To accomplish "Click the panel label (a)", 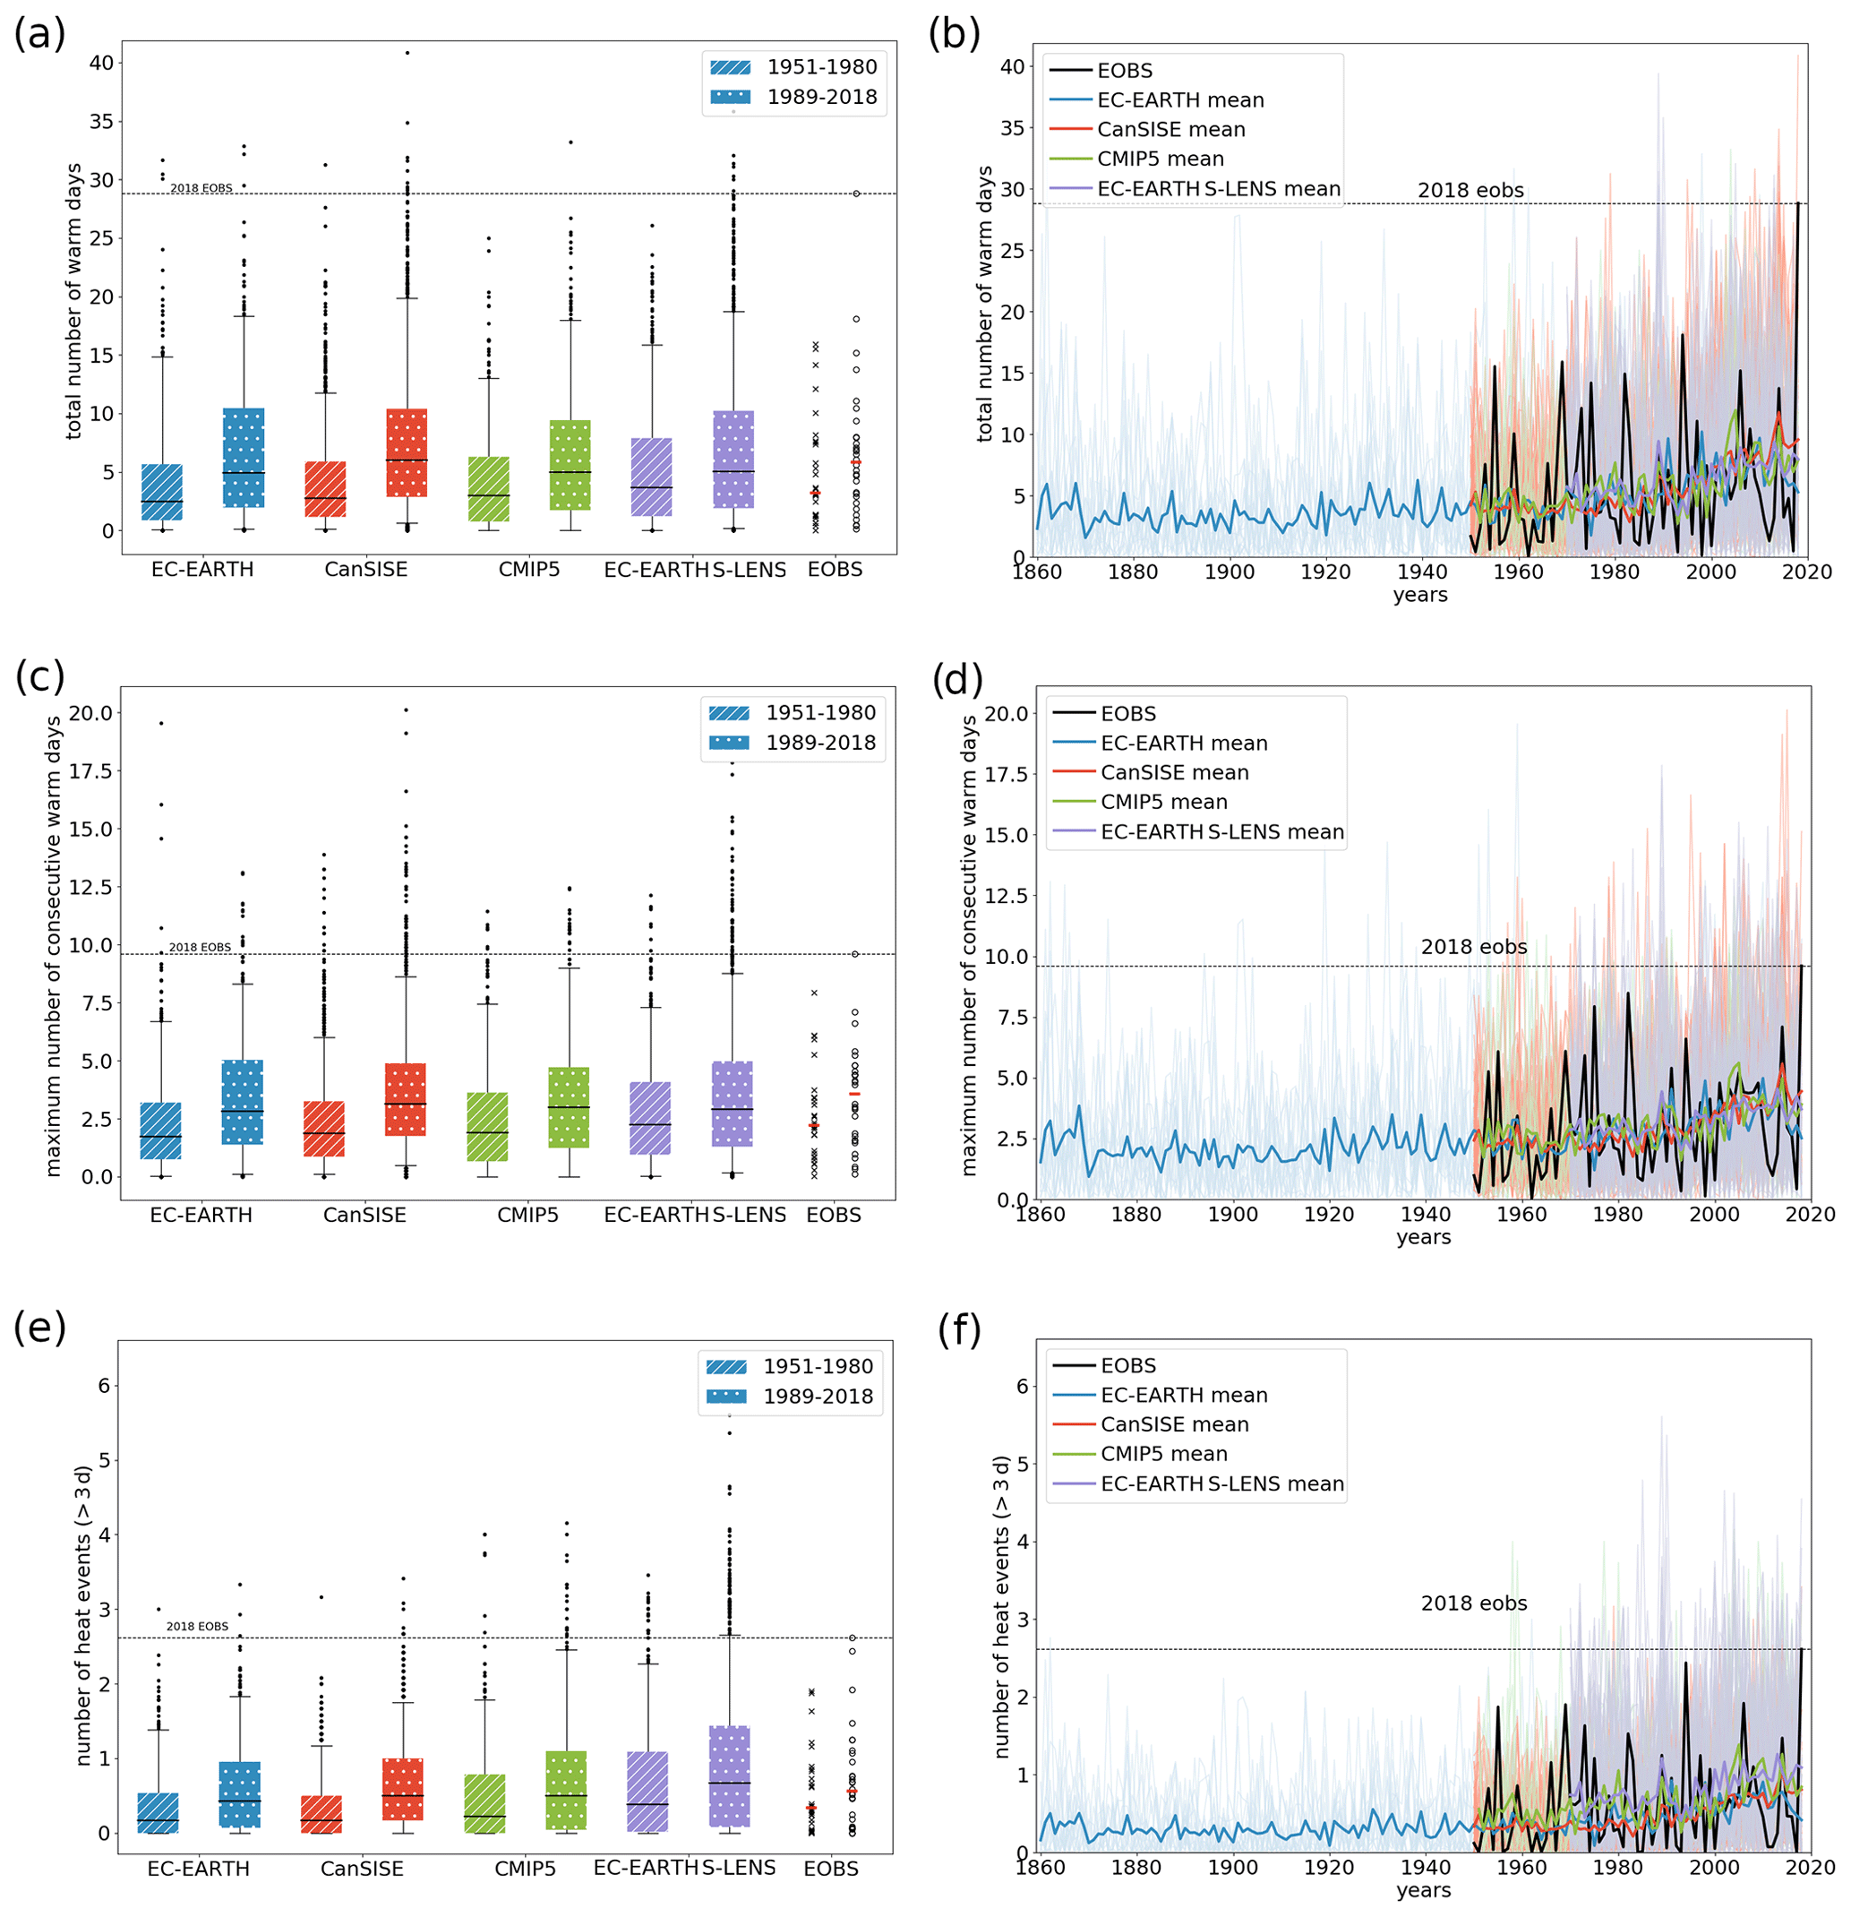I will click(39, 34).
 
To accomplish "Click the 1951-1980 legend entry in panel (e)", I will click(789, 1366).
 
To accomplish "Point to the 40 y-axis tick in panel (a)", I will click(100, 63).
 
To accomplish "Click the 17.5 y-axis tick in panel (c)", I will click(90, 770).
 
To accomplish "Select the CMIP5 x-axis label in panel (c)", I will click(527, 1215).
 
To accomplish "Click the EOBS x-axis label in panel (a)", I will click(834, 569).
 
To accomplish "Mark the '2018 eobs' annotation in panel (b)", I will click(1470, 191).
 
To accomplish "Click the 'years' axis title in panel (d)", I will click(1423, 1237).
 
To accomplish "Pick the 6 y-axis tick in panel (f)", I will click(1022, 1386).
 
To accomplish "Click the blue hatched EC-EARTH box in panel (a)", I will click(162, 492).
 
